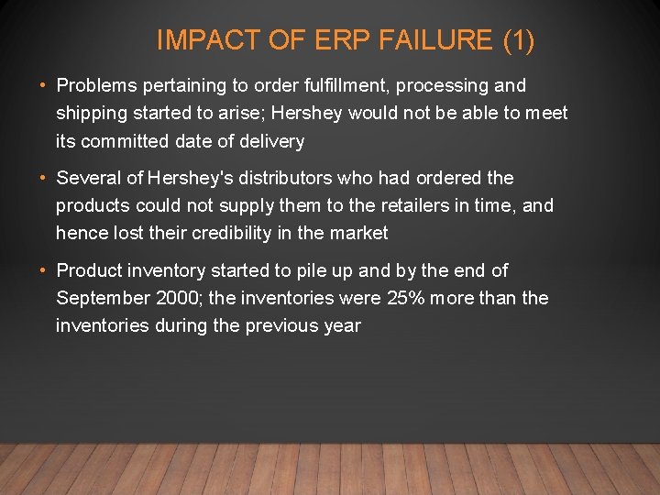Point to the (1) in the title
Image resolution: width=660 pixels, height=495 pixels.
[x=519, y=40]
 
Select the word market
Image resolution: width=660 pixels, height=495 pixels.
[x=359, y=233]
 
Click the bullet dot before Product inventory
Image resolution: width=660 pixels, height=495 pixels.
[x=44, y=270]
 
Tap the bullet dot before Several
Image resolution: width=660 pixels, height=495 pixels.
[x=44, y=178]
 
